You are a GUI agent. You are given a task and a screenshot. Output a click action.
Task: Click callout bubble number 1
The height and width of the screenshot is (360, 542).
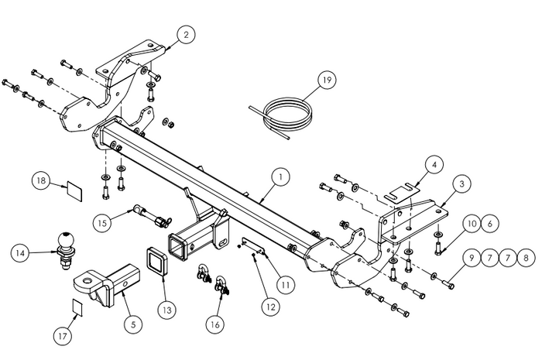pyautogui.click(x=280, y=177)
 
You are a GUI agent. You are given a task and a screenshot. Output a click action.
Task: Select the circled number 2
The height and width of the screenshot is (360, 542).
pyautogui.click(x=186, y=34)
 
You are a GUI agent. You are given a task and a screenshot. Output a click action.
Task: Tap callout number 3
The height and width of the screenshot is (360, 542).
pyautogui.click(x=461, y=183)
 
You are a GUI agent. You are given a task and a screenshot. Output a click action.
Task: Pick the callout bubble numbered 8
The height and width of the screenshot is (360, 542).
pyautogui.click(x=527, y=257)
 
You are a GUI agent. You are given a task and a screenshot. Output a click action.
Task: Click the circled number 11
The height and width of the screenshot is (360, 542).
pyautogui.click(x=286, y=284)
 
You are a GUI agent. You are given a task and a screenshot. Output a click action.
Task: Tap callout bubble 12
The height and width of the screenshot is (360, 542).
pyautogui.click(x=270, y=307)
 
